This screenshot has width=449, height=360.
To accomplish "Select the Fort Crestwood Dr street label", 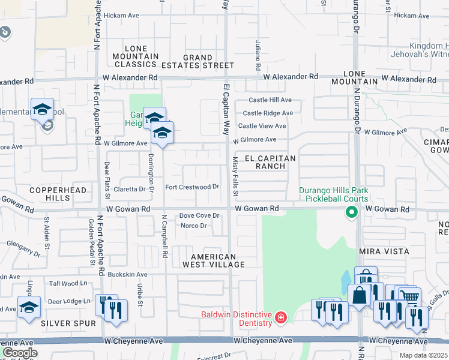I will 191,187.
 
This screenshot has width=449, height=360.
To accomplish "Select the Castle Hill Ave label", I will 267,100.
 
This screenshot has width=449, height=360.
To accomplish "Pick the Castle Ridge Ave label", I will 268,113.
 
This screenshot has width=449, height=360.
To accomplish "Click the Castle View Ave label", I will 262,126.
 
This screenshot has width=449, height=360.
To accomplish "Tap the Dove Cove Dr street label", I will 199,215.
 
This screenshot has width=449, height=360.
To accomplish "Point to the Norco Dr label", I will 193,226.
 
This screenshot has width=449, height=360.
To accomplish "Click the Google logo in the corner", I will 19,352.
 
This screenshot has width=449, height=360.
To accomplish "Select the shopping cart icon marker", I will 409,296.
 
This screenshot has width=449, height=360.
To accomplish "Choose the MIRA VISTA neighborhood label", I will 384,251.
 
